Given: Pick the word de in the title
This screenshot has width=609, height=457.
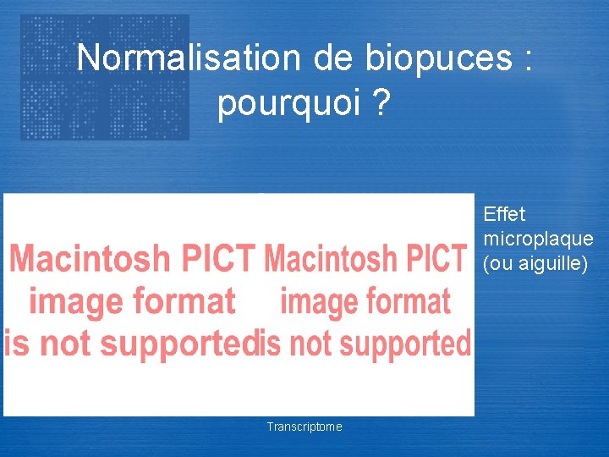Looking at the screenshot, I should tap(334, 58).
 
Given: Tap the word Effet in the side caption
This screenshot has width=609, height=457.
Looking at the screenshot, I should tap(505, 215).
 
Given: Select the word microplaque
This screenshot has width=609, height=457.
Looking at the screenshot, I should tap(538, 240).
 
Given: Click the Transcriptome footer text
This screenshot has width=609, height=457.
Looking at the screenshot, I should tap(304, 427).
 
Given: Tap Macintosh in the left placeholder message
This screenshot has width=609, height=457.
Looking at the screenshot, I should tap(89, 258).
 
